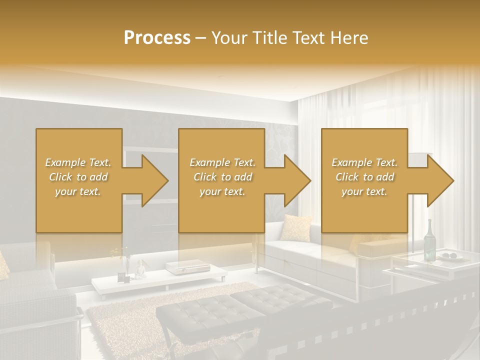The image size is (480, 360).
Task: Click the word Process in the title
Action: point(157,38)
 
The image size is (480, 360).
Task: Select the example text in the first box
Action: point(78,177)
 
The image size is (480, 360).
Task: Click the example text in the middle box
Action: point(222,177)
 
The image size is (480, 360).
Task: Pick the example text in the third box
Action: point(364,177)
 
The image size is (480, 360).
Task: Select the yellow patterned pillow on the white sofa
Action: point(295,227)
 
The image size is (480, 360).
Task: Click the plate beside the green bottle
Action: point(453,257)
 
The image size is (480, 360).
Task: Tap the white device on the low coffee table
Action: point(177,268)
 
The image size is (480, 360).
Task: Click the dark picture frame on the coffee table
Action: point(121,276)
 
